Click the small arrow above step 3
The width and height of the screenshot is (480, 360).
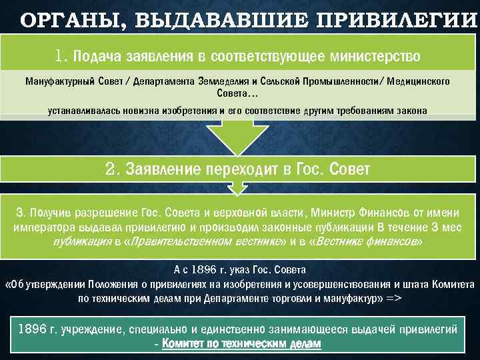(x=237, y=191)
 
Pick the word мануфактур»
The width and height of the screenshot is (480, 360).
(x=357, y=298)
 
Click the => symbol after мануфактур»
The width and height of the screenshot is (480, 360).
(x=393, y=298)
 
